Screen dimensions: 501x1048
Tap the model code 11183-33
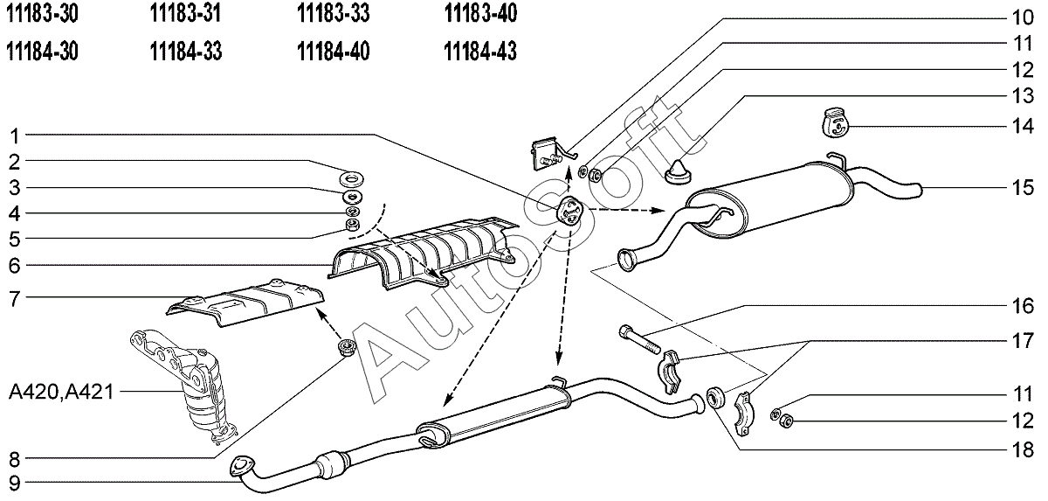[333, 15]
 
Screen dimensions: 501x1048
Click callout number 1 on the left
[15, 135]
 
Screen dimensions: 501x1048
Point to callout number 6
[15, 265]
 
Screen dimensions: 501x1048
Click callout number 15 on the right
[1023, 186]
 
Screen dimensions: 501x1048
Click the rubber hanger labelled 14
[834, 122]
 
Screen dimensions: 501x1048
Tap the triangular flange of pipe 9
[239, 469]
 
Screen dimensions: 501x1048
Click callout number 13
[1023, 95]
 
